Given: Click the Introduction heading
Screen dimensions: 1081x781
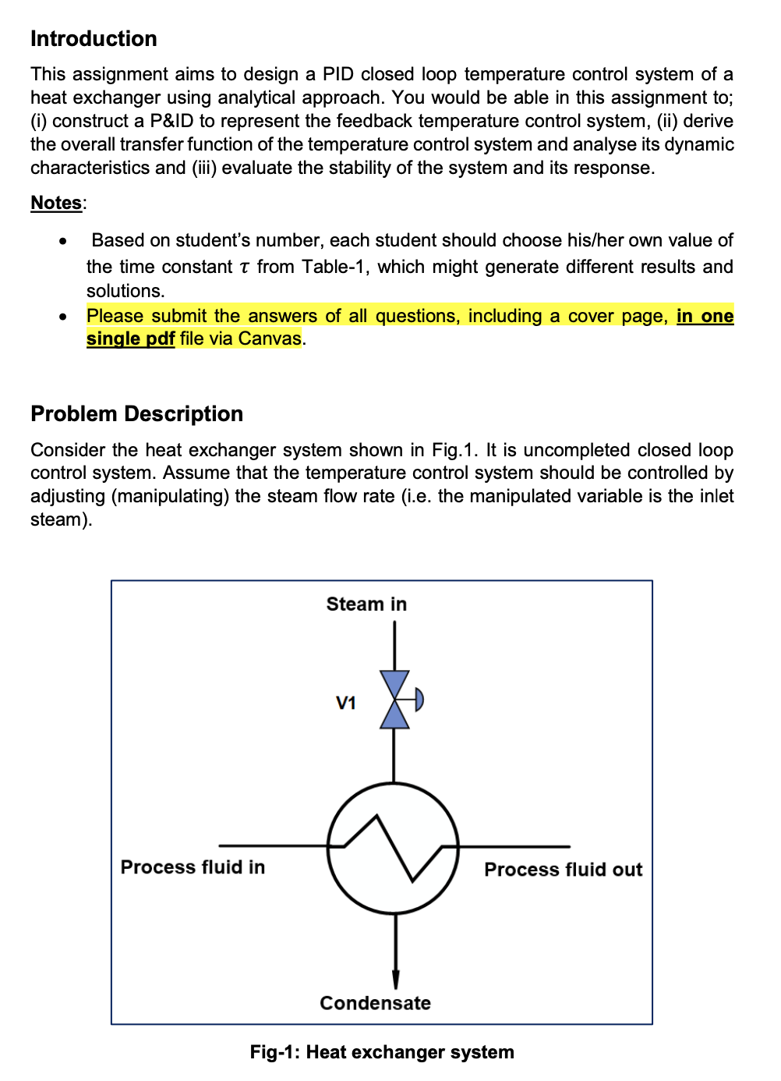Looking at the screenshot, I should click(x=94, y=39).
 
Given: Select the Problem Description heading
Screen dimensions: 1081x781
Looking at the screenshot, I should click(x=136, y=413).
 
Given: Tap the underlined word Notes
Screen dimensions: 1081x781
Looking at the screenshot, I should click(x=56, y=203).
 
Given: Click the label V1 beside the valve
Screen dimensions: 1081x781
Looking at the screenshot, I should click(x=346, y=703).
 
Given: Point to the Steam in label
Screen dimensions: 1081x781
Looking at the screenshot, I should click(x=366, y=604).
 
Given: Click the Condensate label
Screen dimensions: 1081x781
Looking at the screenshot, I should click(x=375, y=1003).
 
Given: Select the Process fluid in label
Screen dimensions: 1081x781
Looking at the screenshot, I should click(x=193, y=867).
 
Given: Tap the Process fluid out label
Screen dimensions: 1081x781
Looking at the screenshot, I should click(x=563, y=870).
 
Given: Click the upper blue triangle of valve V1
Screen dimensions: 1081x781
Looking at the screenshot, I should click(x=394, y=682).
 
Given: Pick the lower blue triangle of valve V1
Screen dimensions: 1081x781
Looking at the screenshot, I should click(x=394, y=716).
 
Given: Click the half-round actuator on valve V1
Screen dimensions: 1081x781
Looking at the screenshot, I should click(x=419, y=699).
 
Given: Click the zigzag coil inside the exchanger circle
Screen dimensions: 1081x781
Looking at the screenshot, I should click(x=393, y=847).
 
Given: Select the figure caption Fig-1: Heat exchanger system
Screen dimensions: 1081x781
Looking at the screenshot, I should click(x=382, y=1052).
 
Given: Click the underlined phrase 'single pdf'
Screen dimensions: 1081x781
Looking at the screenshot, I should click(x=130, y=338).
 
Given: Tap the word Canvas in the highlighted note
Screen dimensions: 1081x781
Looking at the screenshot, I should click(x=270, y=338).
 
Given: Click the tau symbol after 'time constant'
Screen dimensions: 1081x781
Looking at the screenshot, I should click(x=245, y=268).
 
